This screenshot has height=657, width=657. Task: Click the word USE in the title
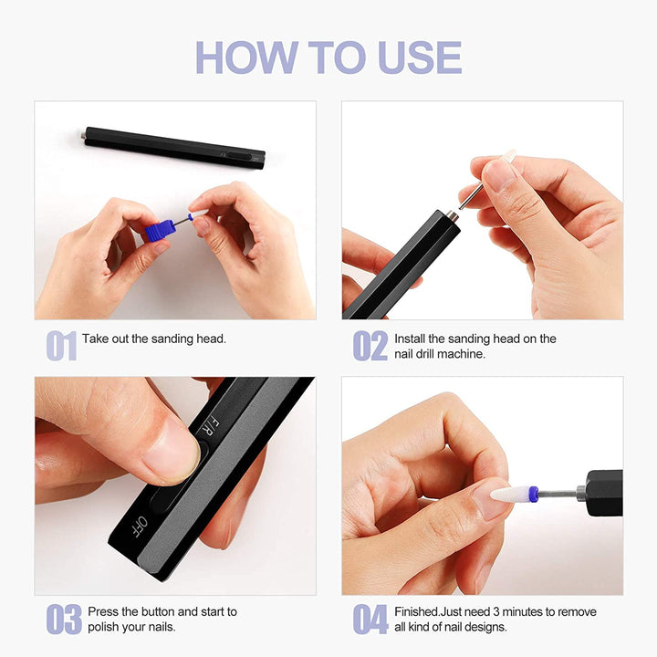coord(420,57)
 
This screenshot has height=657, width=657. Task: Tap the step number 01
coord(61,346)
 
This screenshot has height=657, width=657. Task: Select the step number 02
coord(370,346)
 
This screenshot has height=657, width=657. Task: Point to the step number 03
coord(64,619)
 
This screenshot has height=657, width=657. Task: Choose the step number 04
coord(370,619)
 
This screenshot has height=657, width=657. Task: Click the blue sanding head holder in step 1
coord(160,231)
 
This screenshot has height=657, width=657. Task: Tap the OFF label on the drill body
coord(139,527)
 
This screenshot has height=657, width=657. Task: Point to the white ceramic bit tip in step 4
coord(508,494)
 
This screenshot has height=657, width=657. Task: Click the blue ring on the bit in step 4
coord(533,494)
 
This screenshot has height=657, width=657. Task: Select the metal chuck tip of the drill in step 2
coord(452,216)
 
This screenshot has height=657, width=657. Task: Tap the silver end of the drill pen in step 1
coord(83,135)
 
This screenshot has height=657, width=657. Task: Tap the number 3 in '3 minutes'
coord(495,611)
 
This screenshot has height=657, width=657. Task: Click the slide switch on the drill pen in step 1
coord(239,156)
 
